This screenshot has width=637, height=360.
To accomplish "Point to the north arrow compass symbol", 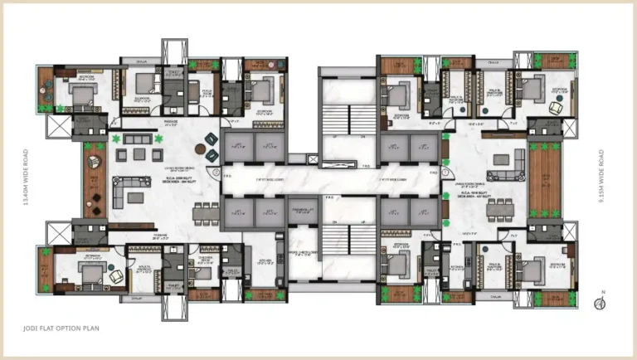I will [x=598, y=304].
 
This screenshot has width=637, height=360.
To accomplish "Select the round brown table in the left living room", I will [x=200, y=149].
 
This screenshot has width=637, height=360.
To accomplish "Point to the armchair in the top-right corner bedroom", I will [x=557, y=106].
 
